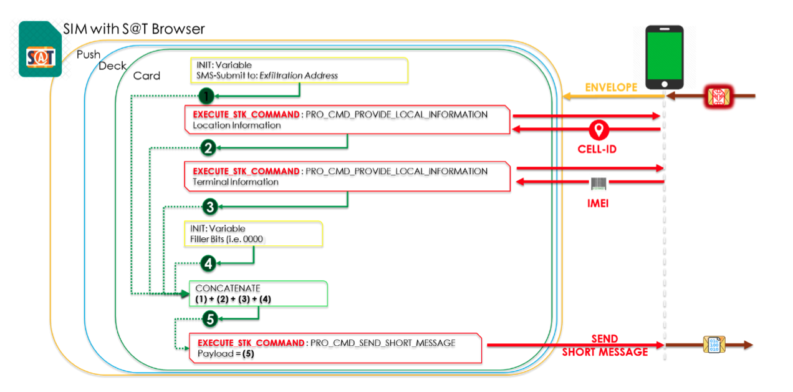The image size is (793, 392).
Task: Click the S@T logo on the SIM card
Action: (41, 57)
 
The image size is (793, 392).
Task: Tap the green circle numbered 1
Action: (206, 96)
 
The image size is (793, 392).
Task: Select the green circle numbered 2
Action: (208, 148)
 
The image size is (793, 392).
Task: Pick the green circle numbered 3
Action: (210, 207)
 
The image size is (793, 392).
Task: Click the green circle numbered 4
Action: (208, 263)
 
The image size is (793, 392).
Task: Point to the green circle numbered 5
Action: (210, 318)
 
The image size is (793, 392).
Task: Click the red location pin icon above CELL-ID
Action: (598, 130)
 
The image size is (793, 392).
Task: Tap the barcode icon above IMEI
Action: (598, 184)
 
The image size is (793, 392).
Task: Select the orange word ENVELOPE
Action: (611, 87)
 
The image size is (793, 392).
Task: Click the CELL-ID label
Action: (597, 149)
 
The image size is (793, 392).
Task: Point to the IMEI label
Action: (598, 203)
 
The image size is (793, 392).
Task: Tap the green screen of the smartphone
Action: (665, 56)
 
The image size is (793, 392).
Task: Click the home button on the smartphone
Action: (665, 84)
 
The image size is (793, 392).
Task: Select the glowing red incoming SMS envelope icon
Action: (718, 96)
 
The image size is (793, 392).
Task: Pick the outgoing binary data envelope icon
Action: (714, 345)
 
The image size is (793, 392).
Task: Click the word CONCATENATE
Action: (228, 288)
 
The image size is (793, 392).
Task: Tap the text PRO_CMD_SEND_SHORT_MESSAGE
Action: (383, 343)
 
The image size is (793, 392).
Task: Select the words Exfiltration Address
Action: (299, 76)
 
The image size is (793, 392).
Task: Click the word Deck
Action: (112, 66)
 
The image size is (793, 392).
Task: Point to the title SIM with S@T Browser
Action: (134, 29)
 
